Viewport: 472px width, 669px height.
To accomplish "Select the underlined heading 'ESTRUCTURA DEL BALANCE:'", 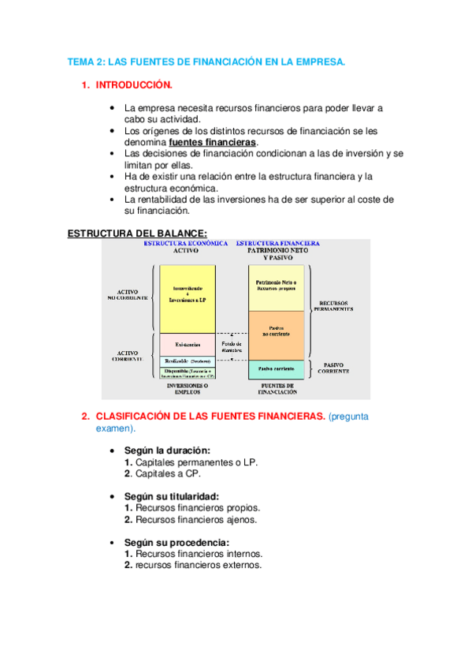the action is pyautogui.click(x=137, y=233).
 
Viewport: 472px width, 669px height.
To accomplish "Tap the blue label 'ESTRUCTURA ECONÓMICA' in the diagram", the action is pyautogui.click(x=186, y=244).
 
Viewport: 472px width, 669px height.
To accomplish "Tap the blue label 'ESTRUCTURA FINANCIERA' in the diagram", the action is pyautogui.click(x=278, y=244).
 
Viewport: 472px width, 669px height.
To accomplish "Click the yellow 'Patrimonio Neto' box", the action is pyautogui.click(x=276, y=286).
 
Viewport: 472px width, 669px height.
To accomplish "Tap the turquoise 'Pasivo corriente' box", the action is pyautogui.click(x=276, y=368).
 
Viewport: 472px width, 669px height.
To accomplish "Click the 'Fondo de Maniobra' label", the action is pyautogui.click(x=232, y=347).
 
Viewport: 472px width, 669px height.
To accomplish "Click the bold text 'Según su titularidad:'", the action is pyautogui.click(x=172, y=496).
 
